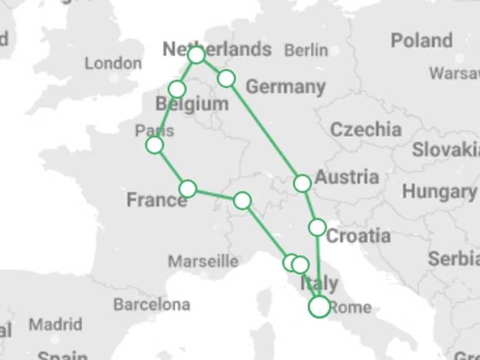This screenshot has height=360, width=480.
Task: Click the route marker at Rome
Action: tap(319, 306)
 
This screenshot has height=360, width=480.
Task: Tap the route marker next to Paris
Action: tap(154, 145)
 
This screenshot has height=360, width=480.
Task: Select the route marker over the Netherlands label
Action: tap(196, 55)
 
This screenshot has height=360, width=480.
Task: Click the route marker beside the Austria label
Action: tap(302, 183)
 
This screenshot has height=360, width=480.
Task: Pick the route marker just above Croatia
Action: tap(317, 227)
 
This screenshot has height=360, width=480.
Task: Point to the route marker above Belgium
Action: tap(177, 88)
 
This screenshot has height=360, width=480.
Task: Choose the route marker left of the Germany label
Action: tap(226, 78)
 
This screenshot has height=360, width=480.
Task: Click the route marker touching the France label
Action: tap(187, 188)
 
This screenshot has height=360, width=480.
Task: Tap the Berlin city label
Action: tap(306, 51)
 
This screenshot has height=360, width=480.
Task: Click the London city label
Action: tap(113, 63)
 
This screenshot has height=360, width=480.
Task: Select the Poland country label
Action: tap(421, 41)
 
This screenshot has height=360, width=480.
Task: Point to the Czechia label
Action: tap(366, 129)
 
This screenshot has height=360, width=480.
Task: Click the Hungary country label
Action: tap(439, 192)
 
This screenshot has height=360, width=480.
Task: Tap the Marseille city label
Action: tap(203, 261)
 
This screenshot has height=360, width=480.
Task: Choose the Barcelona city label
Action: tap(151, 305)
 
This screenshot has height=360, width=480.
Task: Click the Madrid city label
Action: tap(55, 324)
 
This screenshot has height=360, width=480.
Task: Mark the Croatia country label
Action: tap(359, 236)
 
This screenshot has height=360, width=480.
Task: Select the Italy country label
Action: tap(319, 284)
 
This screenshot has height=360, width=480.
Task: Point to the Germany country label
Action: tap(286, 87)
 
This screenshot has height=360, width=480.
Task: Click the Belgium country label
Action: tap(192, 104)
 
